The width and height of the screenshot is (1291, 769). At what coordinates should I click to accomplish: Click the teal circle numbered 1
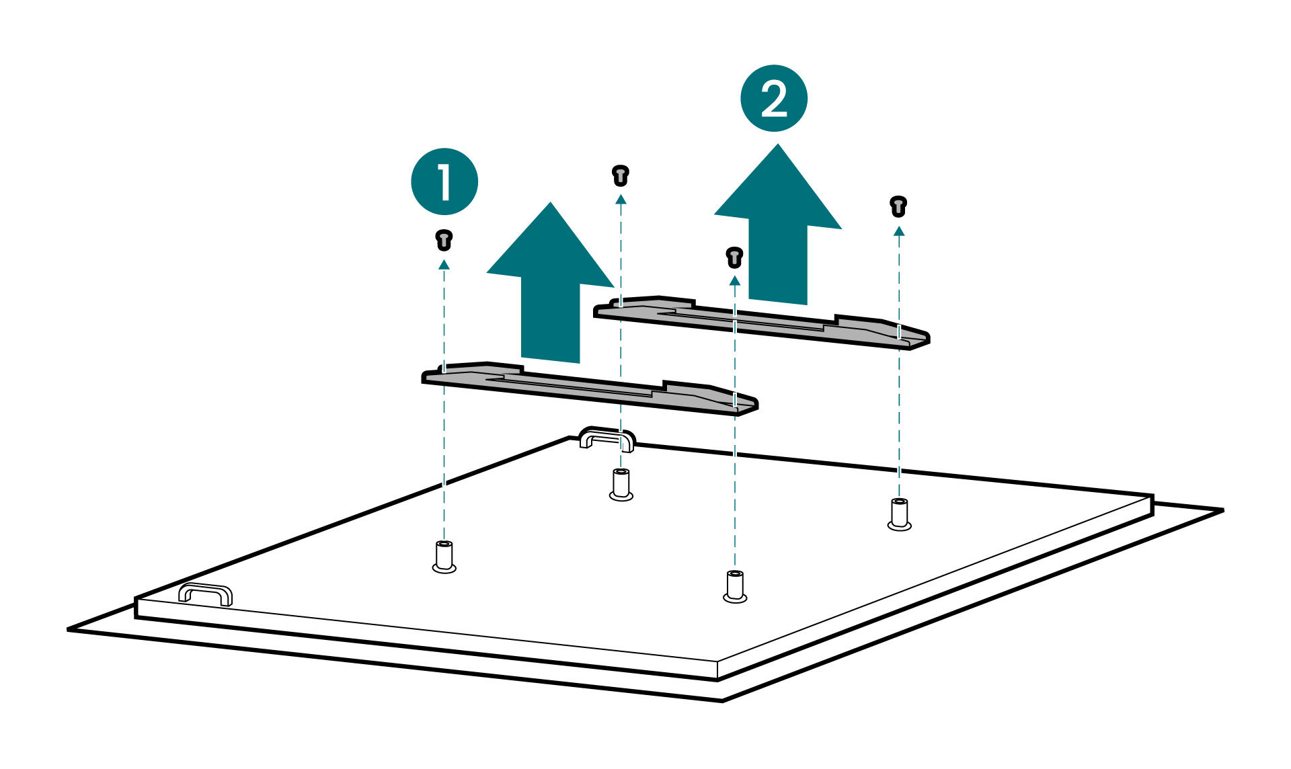tap(444, 181)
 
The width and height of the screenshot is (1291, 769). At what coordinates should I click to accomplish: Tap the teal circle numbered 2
tap(773, 98)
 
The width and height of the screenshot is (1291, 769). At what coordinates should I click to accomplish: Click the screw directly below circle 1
tap(444, 239)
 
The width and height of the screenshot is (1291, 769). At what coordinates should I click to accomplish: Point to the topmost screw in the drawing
tap(620, 175)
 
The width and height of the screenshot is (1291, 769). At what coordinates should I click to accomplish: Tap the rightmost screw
tap(898, 206)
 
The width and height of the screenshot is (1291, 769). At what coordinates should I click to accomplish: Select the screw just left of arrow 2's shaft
tap(734, 257)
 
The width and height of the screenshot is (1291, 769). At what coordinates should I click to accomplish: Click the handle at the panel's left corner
tap(205, 594)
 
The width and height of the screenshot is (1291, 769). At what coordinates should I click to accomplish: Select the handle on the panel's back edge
tap(607, 438)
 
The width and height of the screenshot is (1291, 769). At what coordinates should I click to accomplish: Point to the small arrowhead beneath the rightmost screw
tap(899, 231)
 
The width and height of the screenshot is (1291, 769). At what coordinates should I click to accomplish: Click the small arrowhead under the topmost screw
tap(621, 199)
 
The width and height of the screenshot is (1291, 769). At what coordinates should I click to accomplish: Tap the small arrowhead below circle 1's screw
tap(444, 265)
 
